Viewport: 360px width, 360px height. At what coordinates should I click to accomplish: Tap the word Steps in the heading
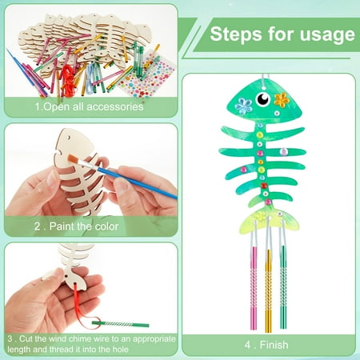(x=236, y=34)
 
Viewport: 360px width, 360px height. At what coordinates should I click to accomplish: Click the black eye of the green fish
(x=263, y=99)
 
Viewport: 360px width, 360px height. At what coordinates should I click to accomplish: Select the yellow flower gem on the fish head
(x=282, y=100)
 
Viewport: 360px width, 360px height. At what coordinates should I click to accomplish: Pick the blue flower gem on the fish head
(x=243, y=106)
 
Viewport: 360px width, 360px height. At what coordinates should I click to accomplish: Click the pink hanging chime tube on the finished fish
(x=254, y=287)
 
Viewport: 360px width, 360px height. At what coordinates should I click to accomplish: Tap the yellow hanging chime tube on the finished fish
(x=268, y=290)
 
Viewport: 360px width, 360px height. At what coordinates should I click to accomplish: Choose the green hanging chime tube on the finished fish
(x=283, y=287)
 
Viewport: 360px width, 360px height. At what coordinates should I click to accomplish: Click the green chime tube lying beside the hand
(x=121, y=324)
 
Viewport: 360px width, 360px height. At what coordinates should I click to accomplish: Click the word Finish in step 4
(x=274, y=345)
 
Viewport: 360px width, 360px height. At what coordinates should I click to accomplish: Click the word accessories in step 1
(x=115, y=106)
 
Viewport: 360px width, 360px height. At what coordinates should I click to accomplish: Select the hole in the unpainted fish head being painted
(x=69, y=138)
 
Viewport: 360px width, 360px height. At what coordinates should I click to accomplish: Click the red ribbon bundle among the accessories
(x=69, y=78)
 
